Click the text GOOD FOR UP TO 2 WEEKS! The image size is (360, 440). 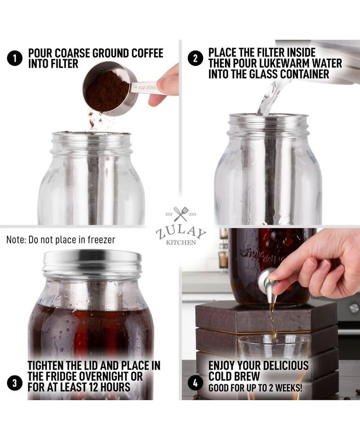tap(255, 387)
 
